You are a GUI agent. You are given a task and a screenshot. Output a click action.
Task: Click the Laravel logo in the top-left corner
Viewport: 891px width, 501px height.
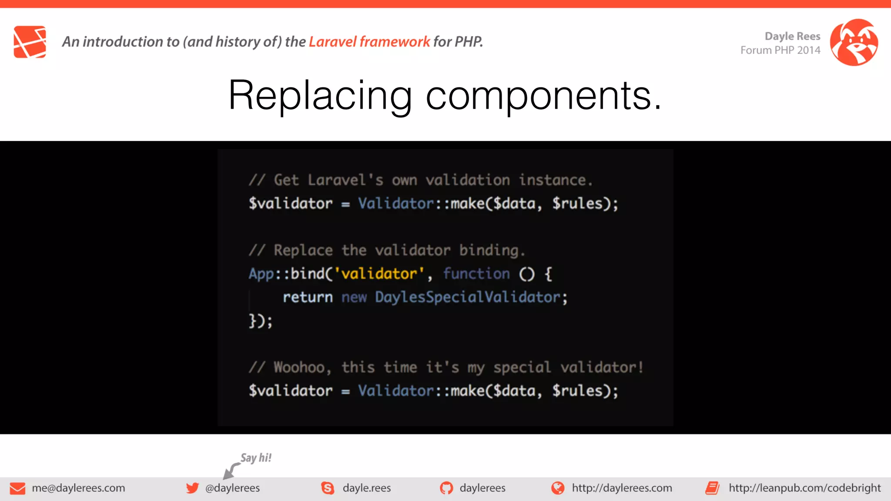pos(30,42)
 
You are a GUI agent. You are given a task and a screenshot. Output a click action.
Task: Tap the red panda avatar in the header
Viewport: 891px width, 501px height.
pos(854,42)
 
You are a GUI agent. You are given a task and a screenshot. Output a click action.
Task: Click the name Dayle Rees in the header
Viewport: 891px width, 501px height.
pos(792,36)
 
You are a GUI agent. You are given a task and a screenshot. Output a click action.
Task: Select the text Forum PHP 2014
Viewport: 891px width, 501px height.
pos(780,50)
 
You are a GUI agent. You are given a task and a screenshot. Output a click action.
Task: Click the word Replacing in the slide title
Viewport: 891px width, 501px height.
pos(320,96)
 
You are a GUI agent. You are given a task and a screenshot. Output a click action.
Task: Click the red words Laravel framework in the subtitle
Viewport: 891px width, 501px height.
pos(369,42)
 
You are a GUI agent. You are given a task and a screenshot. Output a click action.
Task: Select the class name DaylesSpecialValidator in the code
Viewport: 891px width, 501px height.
pos(468,297)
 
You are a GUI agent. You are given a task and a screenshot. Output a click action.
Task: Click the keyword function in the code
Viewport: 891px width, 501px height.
pos(476,274)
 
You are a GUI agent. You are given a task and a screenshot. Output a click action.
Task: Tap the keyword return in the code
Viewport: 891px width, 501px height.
pos(308,297)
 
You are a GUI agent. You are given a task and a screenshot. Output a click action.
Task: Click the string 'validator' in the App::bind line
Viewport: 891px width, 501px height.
pos(379,274)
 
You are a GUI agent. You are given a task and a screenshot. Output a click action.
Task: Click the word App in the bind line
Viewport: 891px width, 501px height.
pos(261,274)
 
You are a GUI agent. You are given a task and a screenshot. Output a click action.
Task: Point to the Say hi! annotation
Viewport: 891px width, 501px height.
pos(256,458)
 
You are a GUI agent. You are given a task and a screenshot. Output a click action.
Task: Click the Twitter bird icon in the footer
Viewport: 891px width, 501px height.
pos(192,488)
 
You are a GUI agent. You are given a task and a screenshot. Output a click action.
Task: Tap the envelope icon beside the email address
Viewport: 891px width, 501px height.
pos(17,488)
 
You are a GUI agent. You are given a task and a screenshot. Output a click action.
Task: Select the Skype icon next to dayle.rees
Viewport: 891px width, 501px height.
pos(328,488)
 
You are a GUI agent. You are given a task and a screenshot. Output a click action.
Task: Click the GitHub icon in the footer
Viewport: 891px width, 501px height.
pos(446,488)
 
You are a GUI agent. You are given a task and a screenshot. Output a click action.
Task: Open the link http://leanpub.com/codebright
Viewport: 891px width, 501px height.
pos(804,488)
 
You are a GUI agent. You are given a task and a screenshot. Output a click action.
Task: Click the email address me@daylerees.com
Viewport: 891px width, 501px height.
pos(78,488)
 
